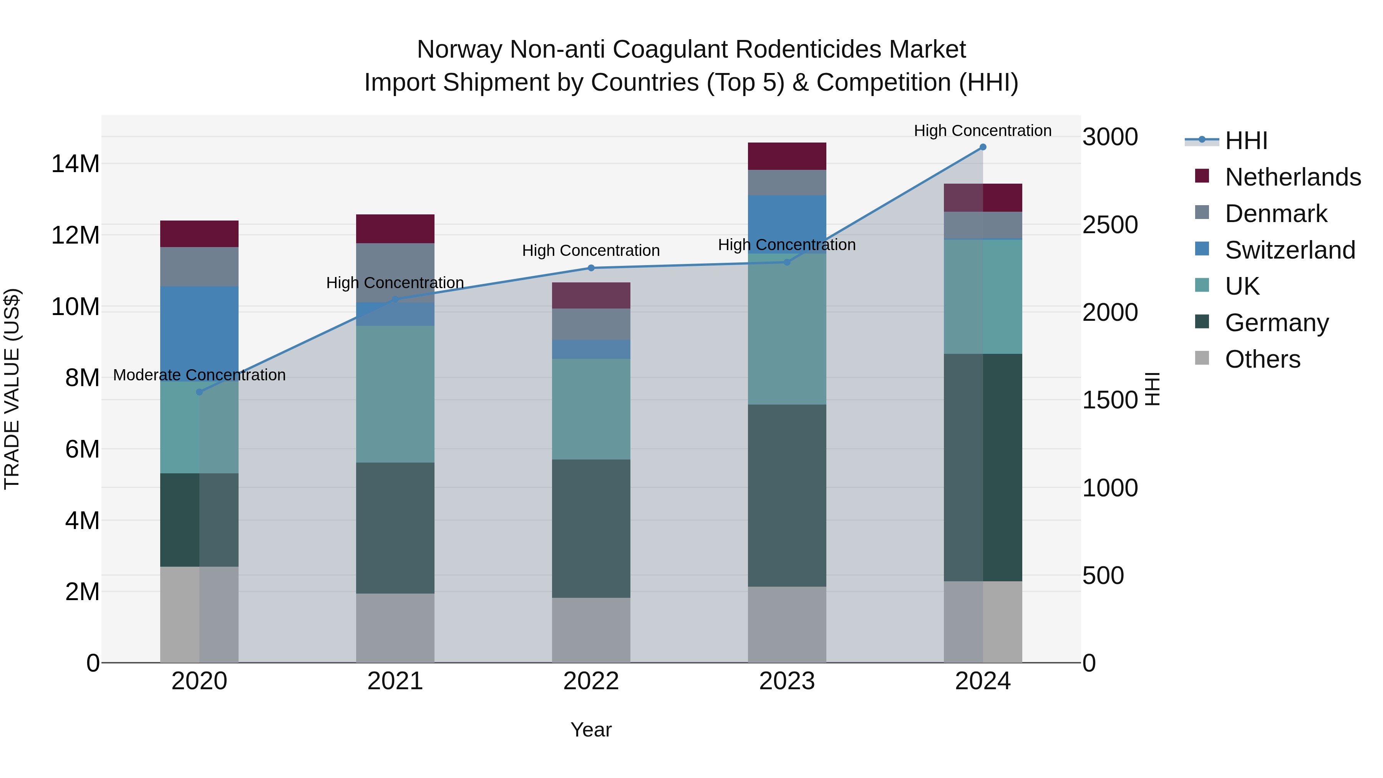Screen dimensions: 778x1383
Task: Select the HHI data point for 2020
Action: (199, 392)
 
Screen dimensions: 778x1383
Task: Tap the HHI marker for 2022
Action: (591, 268)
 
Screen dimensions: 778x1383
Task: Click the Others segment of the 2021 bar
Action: (395, 628)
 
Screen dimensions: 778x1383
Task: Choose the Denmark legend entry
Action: (1275, 214)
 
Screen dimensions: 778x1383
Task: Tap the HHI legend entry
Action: (1245, 141)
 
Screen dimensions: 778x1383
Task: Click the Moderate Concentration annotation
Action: (199, 375)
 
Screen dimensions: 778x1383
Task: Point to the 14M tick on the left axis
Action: (75, 164)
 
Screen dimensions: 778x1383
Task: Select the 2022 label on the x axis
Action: (591, 681)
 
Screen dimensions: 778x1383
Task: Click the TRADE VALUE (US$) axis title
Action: (12, 389)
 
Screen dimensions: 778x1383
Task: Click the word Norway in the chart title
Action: (460, 50)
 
